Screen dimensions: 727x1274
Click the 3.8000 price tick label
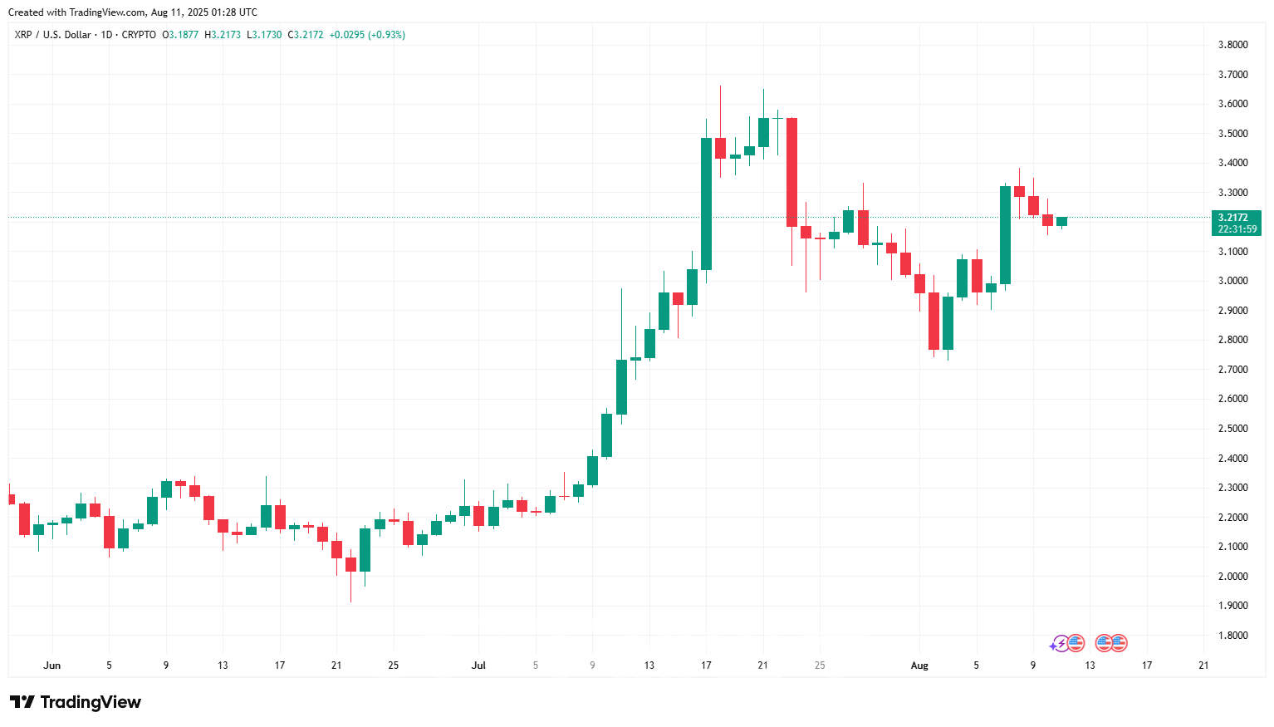[x=1232, y=45]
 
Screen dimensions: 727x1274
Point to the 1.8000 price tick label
[x=1232, y=636]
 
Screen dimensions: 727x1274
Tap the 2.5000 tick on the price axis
[x=1232, y=429]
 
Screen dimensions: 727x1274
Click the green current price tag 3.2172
[x=1237, y=223]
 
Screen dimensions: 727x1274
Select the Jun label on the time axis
[x=52, y=666]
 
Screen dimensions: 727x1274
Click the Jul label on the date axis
[x=478, y=666]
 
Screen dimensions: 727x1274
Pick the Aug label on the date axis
[x=919, y=666]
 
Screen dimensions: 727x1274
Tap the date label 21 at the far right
[x=1203, y=666]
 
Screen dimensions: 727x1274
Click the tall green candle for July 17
[x=706, y=204]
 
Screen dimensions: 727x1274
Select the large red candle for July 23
[x=791, y=172]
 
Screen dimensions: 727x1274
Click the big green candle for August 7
[x=1005, y=235]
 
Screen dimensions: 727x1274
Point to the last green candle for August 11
[x=1061, y=221]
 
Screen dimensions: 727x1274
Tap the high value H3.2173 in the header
[x=223, y=35]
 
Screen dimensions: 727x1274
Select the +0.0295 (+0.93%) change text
[x=367, y=35]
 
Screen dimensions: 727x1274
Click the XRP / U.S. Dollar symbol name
[x=53, y=35]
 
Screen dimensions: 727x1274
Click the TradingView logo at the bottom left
[x=76, y=703]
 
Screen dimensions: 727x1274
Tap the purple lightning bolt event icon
[x=1060, y=643]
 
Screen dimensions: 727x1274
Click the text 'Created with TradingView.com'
[x=76, y=12]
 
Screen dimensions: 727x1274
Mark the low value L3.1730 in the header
[x=264, y=35]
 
